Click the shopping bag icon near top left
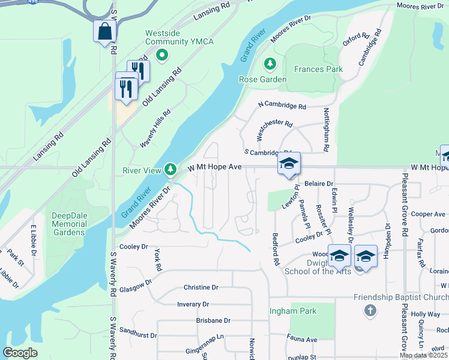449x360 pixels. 104,31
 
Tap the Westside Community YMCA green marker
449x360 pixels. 161,56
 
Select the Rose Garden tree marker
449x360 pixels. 270,63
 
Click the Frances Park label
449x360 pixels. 318,69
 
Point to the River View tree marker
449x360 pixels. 171,170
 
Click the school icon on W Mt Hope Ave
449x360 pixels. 289,164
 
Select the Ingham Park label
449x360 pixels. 292,311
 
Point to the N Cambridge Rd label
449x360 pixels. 282,106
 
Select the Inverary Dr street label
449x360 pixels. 193,305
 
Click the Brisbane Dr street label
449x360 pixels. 213,320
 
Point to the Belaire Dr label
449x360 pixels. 318,183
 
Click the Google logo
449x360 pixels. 20,353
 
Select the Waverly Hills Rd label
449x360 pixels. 155,128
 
